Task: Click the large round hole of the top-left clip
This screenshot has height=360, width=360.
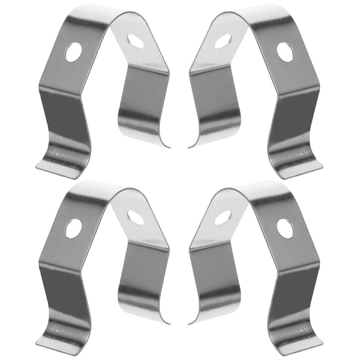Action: pos(74,52)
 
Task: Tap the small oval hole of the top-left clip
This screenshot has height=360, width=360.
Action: pos(135,41)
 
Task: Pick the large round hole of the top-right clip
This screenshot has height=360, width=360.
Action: pos(285,52)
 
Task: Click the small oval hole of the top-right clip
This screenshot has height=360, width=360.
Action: pos(223,41)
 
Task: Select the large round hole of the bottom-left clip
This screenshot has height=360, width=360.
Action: pos(74,228)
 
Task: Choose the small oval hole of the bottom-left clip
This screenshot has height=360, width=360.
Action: pos(135,217)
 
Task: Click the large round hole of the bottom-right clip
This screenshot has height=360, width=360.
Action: pos(285,228)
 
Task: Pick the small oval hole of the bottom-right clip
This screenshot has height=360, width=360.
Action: pos(223,217)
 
